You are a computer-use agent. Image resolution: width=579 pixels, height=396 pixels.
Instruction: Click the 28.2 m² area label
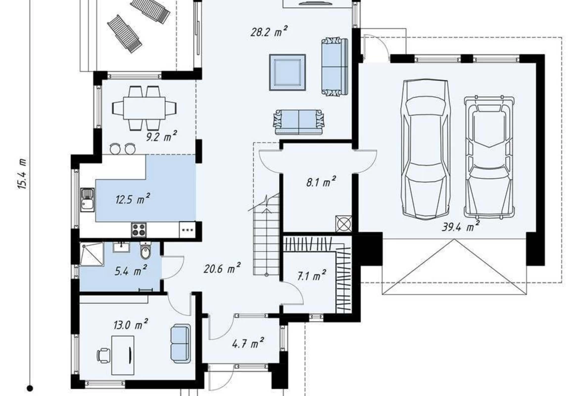(x=269, y=32)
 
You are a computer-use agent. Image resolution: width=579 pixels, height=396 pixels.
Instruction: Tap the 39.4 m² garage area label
(x=461, y=226)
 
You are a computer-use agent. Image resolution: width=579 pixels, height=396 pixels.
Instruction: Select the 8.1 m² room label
(x=321, y=182)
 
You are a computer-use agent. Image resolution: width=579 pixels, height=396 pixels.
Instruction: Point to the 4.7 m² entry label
(x=248, y=343)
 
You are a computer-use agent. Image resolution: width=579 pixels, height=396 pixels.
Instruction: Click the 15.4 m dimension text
(x=22, y=174)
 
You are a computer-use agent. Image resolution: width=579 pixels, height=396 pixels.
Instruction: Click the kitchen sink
(x=88, y=199)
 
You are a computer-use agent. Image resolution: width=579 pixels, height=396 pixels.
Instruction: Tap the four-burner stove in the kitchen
(x=139, y=230)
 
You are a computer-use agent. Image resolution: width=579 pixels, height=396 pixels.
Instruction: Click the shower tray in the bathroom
(x=92, y=254)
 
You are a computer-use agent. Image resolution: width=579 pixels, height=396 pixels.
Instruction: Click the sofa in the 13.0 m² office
(x=181, y=343)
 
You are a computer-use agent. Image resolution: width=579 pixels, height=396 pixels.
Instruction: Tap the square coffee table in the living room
(x=288, y=72)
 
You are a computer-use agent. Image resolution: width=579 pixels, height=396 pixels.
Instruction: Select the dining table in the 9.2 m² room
(x=145, y=108)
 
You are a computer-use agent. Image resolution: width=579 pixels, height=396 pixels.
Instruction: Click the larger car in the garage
(x=426, y=149)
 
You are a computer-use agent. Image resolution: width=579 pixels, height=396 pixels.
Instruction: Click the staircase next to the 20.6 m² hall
(x=266, y=234)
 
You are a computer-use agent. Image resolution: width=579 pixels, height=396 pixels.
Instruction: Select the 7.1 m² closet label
(x=312, y=275)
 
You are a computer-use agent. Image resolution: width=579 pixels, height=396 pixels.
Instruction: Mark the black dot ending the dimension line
(x=30, y=388)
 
